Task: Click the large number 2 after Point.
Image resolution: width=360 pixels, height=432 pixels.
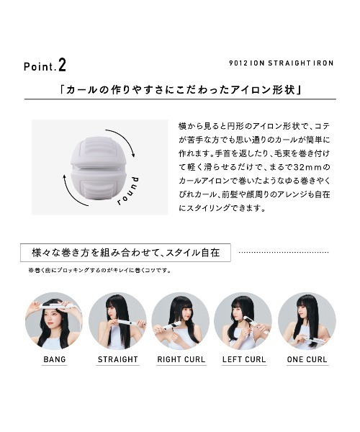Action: tap(62, 66)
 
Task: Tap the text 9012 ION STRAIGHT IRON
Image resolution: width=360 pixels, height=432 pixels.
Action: tap(282, 63)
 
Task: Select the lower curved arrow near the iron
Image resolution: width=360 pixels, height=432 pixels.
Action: tap(71, 194)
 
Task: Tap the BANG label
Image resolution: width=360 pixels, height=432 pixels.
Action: tap(55, 359)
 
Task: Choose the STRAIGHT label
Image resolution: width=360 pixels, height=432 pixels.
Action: tap(117, 359)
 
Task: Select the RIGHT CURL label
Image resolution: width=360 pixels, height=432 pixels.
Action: tap(181, 359)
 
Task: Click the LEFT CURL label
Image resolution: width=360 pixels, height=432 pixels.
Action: tap(244, 359)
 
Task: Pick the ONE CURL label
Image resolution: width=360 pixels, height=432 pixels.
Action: tap(307, 359)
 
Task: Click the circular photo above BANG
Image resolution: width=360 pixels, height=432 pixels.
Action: tap(54, 321)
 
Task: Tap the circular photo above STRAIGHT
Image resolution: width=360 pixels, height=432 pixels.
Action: tap(117, 321)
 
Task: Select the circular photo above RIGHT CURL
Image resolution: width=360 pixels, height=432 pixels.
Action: tap(181, 321)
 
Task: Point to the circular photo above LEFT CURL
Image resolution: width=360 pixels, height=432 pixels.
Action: tap(243, 321)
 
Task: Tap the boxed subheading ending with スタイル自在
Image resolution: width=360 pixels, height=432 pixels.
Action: tap(125, 253)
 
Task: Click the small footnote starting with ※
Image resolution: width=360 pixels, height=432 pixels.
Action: tap(99, 270)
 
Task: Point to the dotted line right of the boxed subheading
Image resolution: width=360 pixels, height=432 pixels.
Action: tap(284, 252)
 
